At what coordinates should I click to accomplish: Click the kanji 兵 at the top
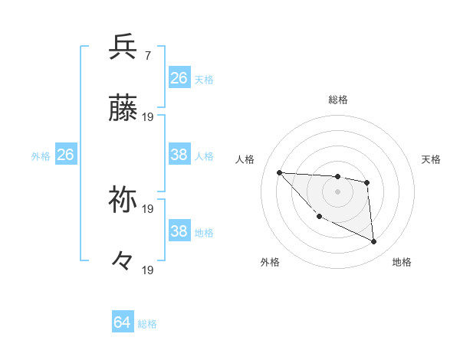[123, 47]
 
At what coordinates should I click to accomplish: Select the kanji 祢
[123, 201]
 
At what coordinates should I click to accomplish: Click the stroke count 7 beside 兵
[148, 55]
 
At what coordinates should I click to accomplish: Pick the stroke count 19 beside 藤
[148, 117]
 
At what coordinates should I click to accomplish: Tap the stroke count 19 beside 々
[148, 270]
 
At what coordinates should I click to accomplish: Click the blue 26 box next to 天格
[179, 78]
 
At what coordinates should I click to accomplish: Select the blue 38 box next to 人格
[179, 155]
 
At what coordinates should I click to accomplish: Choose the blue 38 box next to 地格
[179, 231]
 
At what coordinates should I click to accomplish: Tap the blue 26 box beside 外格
[65, 155]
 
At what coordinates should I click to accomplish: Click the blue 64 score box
[122, 322]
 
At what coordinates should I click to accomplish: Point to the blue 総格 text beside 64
[147, 324]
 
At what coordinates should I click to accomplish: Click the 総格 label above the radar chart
[337, 100]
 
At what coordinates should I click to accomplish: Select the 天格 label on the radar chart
[431, 159]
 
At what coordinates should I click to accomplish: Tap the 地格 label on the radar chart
[402, 262]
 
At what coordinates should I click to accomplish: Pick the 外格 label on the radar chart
[270, 262]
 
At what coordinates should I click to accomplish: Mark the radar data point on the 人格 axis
[279, 172]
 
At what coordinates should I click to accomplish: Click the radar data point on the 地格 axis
[374, 242]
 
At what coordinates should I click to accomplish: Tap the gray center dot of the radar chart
[337, 191]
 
